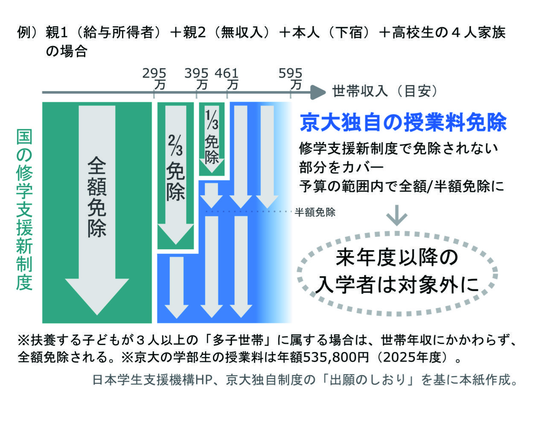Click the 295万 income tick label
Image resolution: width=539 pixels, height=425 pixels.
tap(154, 78)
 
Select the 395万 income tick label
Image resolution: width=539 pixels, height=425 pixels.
tap(197, 78)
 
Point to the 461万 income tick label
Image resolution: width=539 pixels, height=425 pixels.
tap(227, 78)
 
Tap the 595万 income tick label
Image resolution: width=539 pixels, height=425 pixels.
tap(291, 78)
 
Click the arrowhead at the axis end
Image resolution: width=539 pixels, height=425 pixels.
tap(318, 91)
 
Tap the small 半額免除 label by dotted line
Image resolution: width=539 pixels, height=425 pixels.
tap(315, 212)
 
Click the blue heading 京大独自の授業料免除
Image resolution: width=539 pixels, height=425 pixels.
tap(403, 123)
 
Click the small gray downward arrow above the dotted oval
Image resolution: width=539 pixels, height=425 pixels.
tap(397, 216)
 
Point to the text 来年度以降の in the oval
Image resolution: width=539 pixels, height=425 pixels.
tap(396, 258)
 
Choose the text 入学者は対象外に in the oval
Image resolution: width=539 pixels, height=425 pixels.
tap(396, 284)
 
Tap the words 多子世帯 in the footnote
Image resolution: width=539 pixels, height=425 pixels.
tap(239, 340)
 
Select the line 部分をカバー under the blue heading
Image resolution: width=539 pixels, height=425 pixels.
tap(341, 167)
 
